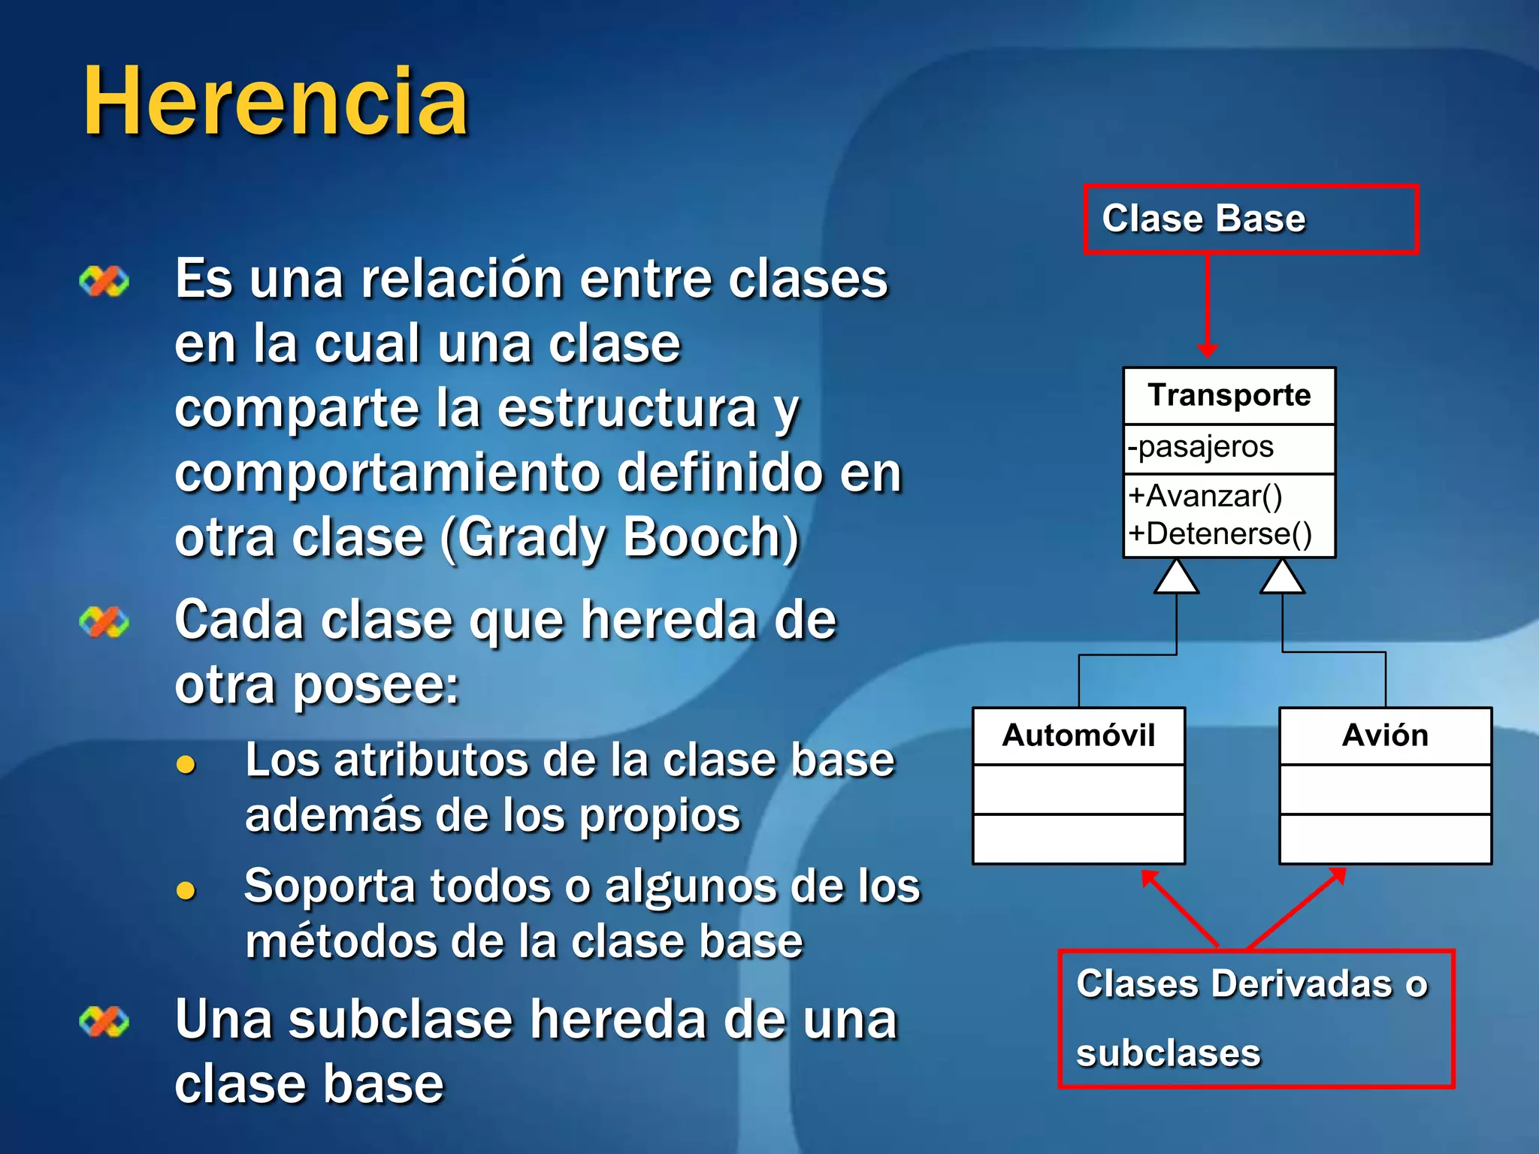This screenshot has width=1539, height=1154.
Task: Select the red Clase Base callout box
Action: click(x=1250, y=219)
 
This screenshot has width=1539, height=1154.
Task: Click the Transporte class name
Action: click(x=1229, y=395)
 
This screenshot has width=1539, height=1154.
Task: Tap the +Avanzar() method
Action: click(x=1205, y=496)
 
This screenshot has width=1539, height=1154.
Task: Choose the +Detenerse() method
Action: click(x=1220, y=533)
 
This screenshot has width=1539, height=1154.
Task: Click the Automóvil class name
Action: click(x=1078, y=735)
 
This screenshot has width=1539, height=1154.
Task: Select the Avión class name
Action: click(x=1385, y=735)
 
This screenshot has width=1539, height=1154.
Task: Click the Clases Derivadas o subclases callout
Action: click(x=1256, y=1018)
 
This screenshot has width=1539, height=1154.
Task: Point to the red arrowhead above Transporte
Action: click(x=1208, y=349)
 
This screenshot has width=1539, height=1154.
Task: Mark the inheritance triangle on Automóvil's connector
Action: click(x=1176, y=578)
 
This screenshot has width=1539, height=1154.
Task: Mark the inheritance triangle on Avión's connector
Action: click(x=1282, y=578)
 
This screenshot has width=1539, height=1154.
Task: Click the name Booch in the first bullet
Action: click(x=711, y=538)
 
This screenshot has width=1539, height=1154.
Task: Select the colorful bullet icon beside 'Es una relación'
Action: click(x=104, y=282)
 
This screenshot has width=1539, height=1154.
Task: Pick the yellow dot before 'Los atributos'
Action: click(x=186, y=765)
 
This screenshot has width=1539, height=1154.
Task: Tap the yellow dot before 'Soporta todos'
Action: click(x=186, y=891)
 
